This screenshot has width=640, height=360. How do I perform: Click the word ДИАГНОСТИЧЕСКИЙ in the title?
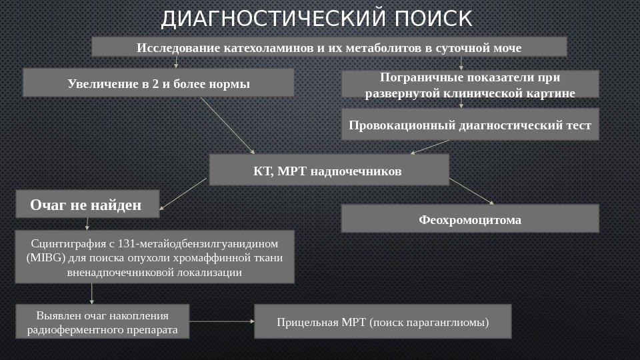click(274, 20)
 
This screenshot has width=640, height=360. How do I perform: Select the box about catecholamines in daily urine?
click(329, 47)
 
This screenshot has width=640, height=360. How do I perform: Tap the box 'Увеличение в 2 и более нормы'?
click(159, 84)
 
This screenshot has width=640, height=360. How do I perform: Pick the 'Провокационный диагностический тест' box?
click(470, 125)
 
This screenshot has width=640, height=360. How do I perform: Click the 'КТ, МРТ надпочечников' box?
click(329, 171)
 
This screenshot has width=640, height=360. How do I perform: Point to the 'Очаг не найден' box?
click(87, 205)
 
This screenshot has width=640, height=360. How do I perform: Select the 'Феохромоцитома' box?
click(470, 219)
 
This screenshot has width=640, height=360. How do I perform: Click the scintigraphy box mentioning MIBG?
click(154, 257)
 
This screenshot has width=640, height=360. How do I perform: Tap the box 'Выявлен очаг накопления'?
click(102, 322)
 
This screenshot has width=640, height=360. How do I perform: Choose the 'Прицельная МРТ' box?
click(383, 322)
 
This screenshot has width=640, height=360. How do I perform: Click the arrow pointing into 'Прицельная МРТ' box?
click(222, 321)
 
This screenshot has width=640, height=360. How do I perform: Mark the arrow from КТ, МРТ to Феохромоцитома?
click(472, 192)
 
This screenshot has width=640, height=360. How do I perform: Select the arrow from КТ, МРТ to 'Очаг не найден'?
click(184, 194)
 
